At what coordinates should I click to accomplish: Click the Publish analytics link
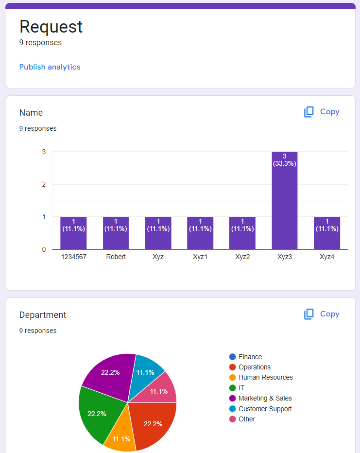click(50, 67)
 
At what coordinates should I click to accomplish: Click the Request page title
click(51, 26)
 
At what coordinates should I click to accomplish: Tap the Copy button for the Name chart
click(322, 112)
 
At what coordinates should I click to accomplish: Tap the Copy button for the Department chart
click(322, 314)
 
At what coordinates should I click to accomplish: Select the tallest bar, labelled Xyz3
click(284, 204)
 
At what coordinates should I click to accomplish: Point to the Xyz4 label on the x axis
click(327, 257)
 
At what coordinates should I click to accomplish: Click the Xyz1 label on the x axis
click(200, 257)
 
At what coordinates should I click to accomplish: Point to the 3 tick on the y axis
click(44, 152)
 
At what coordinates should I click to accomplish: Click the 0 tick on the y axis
click(44, 249)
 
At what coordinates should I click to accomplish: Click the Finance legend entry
click(250, 357)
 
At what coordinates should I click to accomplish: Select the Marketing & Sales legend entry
click(265, 398)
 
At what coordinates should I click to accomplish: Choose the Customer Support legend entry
click(265, 409)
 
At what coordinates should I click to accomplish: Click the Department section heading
click(43, 315)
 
